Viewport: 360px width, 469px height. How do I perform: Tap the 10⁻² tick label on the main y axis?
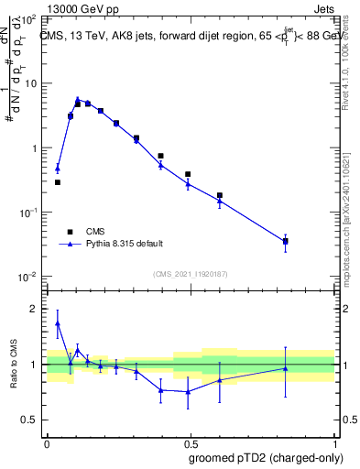pyautogui.click(x=27, y=277)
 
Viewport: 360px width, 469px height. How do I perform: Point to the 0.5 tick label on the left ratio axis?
pyautogui.click(x=32, y=420)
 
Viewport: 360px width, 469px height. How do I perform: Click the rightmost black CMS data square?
pyautogui.click(x=286, y=242)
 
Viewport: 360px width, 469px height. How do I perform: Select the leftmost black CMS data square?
pyautogui.click(x=58, y=182)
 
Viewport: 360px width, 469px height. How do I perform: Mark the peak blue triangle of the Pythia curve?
pyautogui.click(x=78, y=100)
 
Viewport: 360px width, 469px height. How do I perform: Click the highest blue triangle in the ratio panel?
pyautogui.click(x=58, y=323)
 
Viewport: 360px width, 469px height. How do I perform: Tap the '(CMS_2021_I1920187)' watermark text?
pyautogui.click(x=191, y=273)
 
